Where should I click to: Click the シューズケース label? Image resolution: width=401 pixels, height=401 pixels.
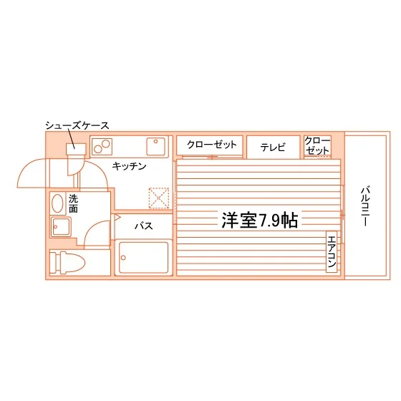tap(77, 125)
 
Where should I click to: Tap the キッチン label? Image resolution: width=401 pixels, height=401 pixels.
tap(129, 166)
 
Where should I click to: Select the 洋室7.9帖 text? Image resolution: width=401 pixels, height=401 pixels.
tap(259, 220)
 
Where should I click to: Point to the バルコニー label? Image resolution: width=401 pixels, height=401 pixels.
tap(366, 207)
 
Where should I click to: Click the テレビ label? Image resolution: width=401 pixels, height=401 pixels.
tap(273, 148)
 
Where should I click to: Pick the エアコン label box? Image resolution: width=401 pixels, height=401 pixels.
tap(332, 251)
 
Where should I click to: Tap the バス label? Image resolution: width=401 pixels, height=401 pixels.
tap(144, 226)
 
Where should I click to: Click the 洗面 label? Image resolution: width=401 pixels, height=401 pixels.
tap(73, 203)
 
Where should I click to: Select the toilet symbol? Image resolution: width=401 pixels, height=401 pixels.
tap(67, 263)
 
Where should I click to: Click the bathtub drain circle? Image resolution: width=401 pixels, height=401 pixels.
tap(123, 258)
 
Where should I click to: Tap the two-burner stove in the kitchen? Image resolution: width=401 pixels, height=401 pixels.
tap(102, 147)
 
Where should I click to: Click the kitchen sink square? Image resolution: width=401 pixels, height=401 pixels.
tap(156, 147)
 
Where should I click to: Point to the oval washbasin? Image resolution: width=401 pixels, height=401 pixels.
tap(57, 203)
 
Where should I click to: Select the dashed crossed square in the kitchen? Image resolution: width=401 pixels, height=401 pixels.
tap(159, 198)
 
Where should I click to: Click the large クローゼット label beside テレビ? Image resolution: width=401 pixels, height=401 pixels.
tap(212, 145)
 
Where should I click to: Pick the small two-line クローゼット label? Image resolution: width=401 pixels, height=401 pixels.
tap(317, 145)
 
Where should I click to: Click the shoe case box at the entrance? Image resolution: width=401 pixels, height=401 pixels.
tap(76, 149)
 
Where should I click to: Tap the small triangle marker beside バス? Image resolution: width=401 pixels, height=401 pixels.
tap(117, 218)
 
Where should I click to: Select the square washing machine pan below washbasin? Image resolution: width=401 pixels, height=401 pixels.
tap(61, 227)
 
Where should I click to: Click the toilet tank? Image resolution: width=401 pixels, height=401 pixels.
tap(55, 263)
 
